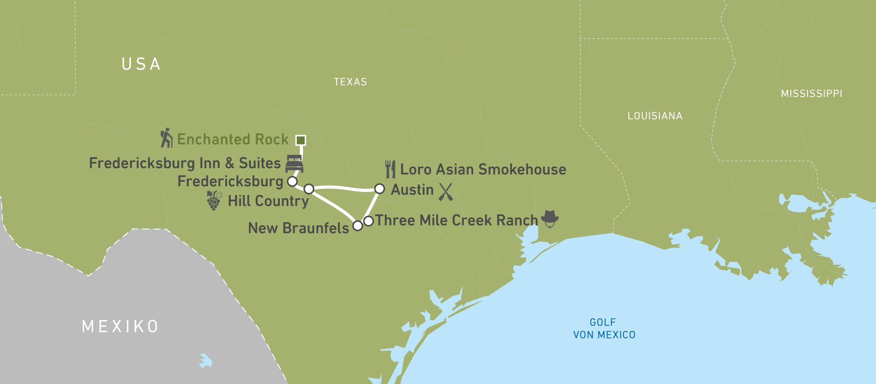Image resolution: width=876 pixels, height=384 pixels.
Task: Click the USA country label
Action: pyautogui.click(x=141, y=64)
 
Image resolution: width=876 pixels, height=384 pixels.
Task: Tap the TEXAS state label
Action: pyautogui.click(x=350, y=82)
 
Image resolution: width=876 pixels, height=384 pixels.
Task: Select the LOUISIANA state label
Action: pyautogui.click(x=655, y=116)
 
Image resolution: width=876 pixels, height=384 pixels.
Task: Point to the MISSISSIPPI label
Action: pyautogui.click(x=811, y=94)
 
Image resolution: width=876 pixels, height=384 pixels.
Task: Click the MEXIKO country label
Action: pyautogui.click(x=120, y=326)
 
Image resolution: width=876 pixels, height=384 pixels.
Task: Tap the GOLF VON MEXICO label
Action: pyautogui.click(x=604, y=329)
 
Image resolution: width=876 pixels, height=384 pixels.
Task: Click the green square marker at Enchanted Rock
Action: pyautogui.click(x=301, y=140)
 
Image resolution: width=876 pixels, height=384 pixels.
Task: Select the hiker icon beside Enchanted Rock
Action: pyautogui.click(x=166, y=138)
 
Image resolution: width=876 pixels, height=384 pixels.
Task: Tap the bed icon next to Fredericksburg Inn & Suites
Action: pyautogui.click(x=294, y=164)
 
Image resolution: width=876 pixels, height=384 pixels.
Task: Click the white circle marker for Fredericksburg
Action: pyautogui.click(x=292, y=181)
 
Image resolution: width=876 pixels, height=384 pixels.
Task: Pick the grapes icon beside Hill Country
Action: pyautogui.click(x=214, y=200)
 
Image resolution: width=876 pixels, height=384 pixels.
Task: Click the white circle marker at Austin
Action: pyautogui.click(x=379, y=189)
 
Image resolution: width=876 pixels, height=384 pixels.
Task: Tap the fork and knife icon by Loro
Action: pyautogui.click(x=390, y=169)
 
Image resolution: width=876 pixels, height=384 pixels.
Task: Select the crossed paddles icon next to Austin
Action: pyautogui.click(x=446, y=191)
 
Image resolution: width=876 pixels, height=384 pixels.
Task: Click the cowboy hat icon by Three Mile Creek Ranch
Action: pyautogui.click(x=550, y=218)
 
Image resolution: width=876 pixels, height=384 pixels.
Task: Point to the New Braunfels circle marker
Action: pyautogui.click(x=358, y=226)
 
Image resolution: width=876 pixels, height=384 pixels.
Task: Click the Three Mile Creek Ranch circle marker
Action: pyautogui.click(x=368, y=221)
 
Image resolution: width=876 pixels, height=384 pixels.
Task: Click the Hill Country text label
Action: pyautogui.click(x=268, y=201)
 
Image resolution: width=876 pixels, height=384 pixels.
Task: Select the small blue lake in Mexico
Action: pyautogui.click(x=206, y=361)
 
